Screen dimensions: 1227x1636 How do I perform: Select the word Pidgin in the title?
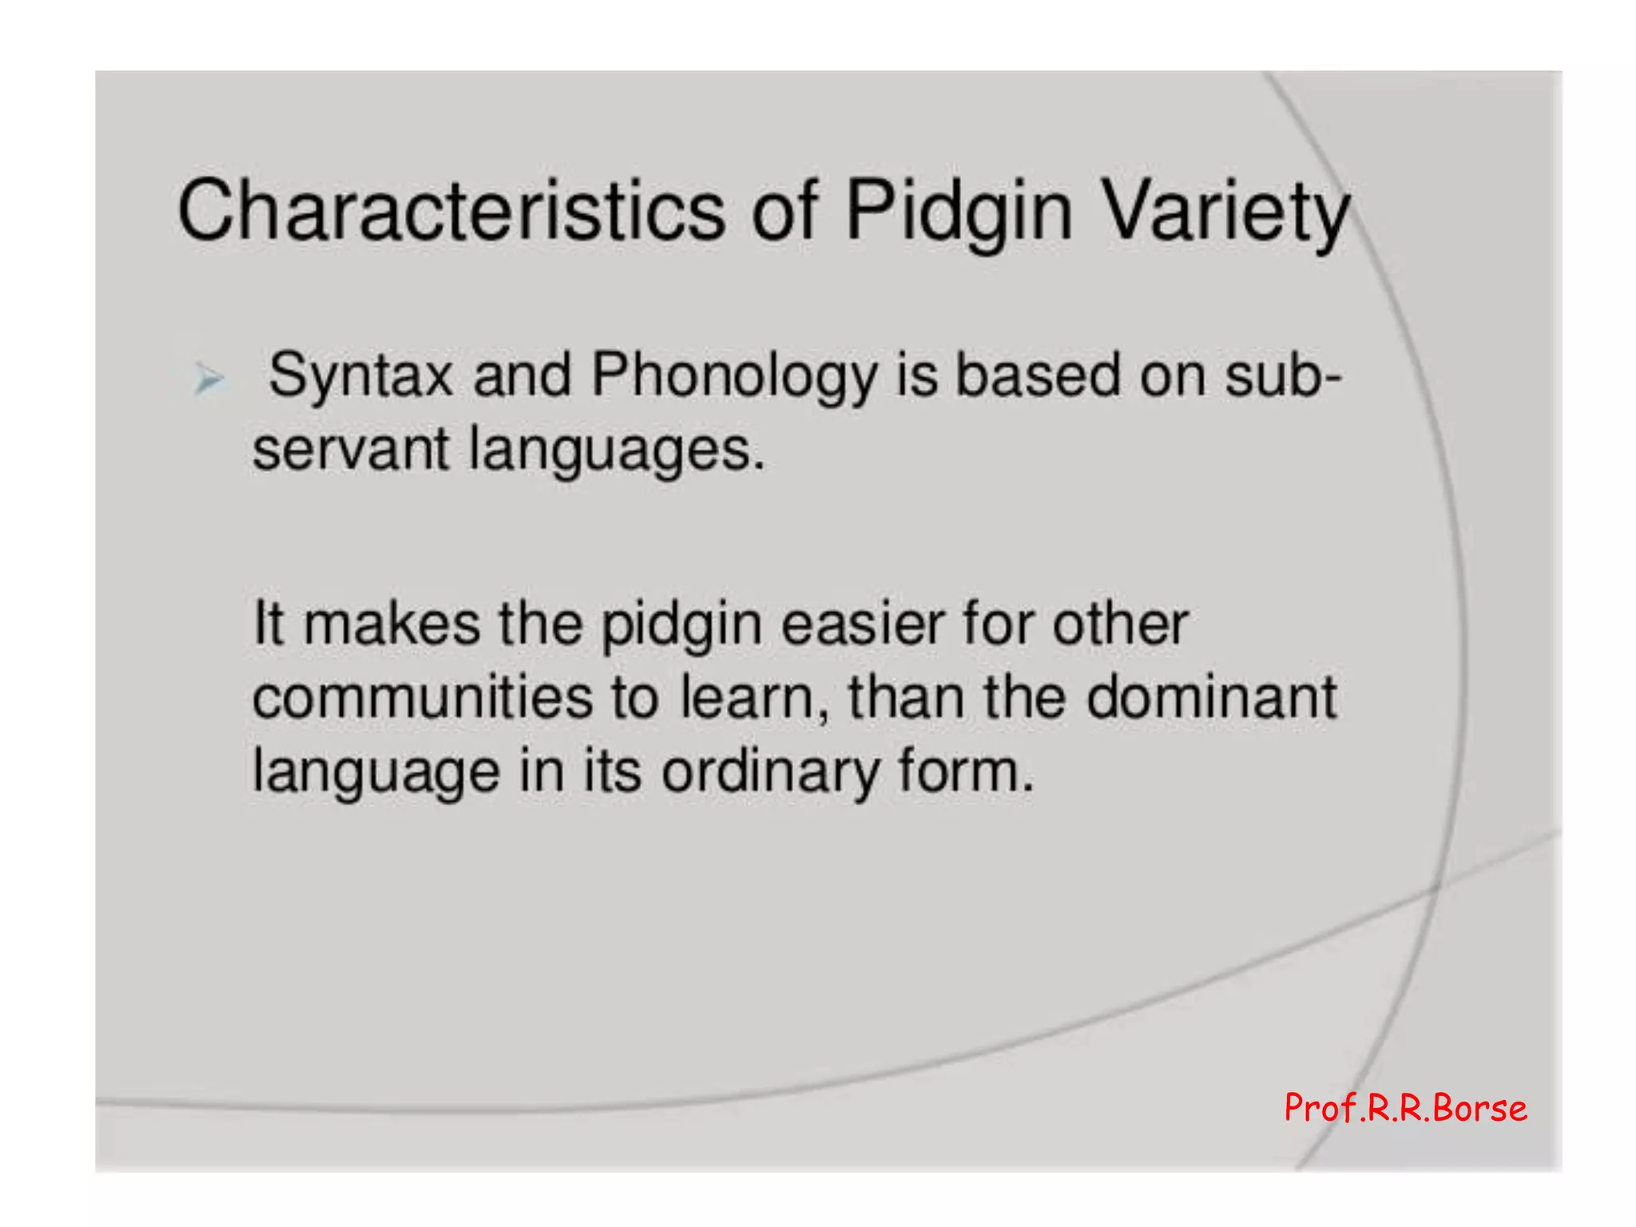coord(958,211)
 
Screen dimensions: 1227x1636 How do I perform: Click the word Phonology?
coord(733,375)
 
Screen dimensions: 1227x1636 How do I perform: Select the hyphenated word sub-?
coord(1283,375)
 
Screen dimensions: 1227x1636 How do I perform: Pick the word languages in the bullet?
coord(616,451)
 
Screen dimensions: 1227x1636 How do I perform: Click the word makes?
coord(391,624)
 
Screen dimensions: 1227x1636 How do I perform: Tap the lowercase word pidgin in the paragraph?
coord(681,625)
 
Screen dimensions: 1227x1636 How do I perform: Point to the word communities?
coord(423,697)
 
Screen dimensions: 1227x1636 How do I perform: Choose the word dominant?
coord(1211,697)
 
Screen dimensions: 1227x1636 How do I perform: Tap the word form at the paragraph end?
coord(964,772)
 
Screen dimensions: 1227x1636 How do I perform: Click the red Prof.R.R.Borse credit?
coord(1405,1109)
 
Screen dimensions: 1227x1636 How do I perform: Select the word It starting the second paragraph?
coord(268,624)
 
